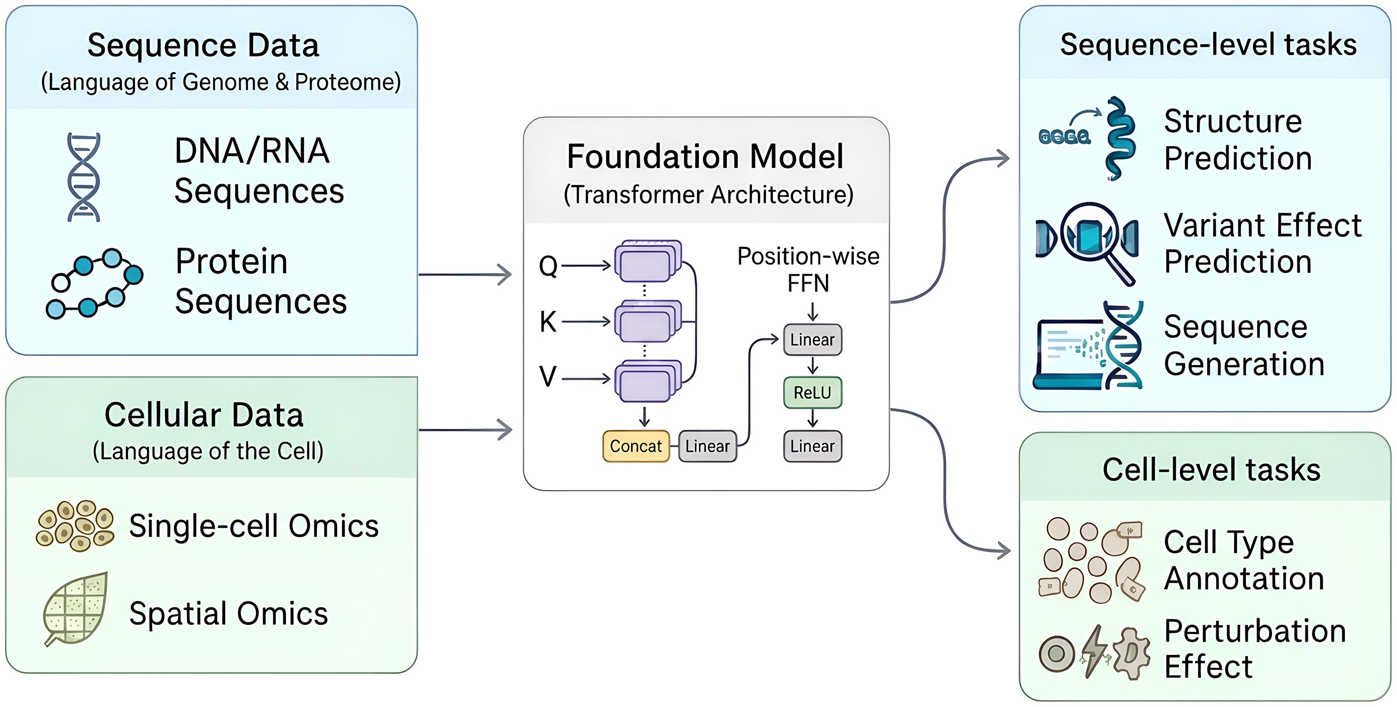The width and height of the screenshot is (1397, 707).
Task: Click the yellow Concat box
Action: tap(636, 446)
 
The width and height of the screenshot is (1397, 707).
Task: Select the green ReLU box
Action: tap(813, 392)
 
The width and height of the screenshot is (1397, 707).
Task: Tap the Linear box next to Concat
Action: tap(707, 446)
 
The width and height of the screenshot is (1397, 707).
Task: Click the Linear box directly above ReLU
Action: tap(813, 340)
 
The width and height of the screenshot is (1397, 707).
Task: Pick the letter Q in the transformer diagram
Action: tap(548, 266)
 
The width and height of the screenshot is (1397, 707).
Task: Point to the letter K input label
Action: tap(548, 321)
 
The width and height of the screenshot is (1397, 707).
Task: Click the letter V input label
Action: tap(548, 377)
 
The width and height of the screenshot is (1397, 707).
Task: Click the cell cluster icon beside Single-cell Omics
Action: tap(75, 525)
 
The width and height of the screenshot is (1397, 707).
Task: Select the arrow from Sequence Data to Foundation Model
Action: tap(465, 275)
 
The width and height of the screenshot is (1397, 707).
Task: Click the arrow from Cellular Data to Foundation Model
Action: tap(465, 430)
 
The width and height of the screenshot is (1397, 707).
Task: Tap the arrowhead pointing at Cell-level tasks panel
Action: tap(1003, 550)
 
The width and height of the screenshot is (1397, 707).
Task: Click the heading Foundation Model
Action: tap(705, 157)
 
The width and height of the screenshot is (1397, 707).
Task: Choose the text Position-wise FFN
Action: tap(808, 269)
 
